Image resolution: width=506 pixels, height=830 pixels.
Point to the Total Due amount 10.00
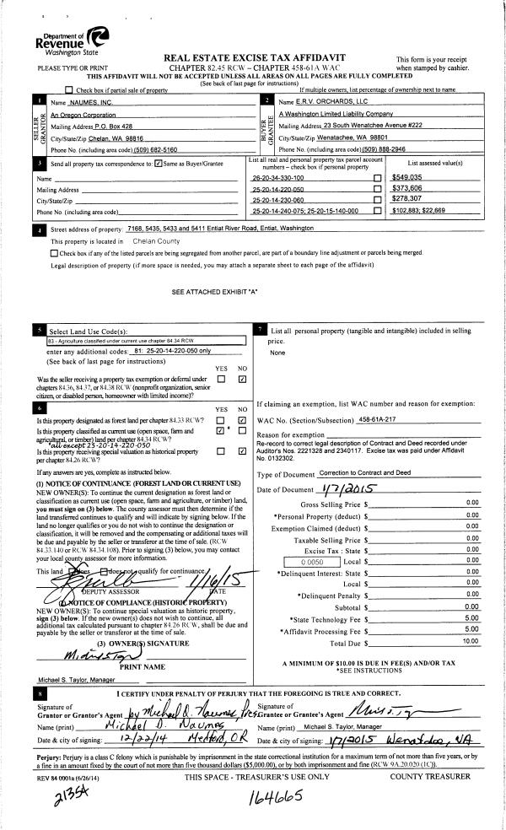(x=472, y=617)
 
